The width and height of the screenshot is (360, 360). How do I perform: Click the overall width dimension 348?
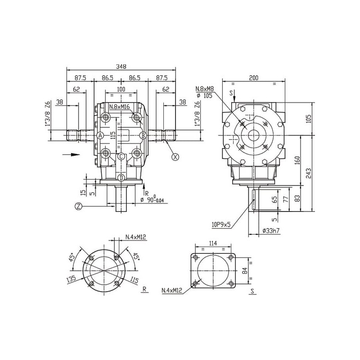(121, 67)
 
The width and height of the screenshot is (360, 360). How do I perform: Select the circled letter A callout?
(100, 135)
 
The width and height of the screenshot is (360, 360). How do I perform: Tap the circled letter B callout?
(143, 135)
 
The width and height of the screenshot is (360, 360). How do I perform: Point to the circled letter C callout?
(121, 157)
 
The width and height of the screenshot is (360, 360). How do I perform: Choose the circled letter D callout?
(121, 178)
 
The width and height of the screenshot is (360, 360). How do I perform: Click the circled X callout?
(175, 157)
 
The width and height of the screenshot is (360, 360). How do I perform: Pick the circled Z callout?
(79, 207)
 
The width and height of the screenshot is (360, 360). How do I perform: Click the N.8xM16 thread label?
(120, 107)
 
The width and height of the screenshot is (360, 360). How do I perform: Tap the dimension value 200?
(253, 78)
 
